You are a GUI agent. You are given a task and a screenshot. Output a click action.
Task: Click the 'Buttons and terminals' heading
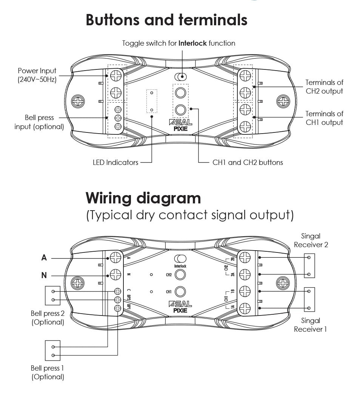[166, 20]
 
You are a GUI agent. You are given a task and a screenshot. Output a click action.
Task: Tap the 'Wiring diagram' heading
[143, 198]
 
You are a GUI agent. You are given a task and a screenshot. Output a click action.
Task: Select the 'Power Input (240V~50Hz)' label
[37, 75]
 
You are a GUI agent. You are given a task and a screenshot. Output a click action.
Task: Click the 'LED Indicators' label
[115, 163]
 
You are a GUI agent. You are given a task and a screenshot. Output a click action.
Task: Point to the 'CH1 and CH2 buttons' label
[248, 163]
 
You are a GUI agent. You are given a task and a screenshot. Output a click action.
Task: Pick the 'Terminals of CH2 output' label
[324, 86]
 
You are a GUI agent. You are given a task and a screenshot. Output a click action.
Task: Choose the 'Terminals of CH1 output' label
[324, 118]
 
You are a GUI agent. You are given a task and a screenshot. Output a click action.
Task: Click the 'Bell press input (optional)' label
[39, 122]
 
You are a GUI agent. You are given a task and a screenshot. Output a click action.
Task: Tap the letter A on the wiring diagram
[44, 258]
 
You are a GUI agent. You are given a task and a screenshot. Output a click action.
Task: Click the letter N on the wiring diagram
[44, 275]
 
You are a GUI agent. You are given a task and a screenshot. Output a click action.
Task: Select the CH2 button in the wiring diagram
[181, 275]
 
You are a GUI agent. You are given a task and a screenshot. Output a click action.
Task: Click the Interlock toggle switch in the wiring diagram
[181, 259]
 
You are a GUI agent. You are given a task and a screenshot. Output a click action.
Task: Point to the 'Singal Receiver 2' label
[311, 240]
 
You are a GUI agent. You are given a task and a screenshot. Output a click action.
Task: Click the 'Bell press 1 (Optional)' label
[48, 372]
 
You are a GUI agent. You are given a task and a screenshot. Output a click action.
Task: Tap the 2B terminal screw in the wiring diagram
[245, 258]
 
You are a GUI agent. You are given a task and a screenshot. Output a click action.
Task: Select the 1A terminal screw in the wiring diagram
[245, 308]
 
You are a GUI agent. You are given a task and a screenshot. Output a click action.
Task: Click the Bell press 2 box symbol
[52, 295]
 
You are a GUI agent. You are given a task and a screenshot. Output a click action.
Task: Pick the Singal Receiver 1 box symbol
[309, 300]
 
